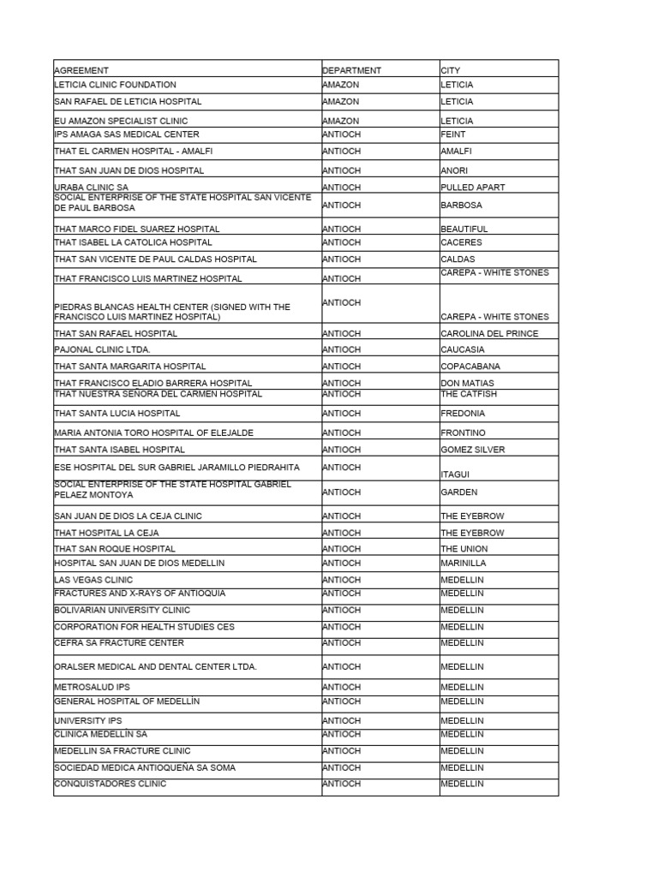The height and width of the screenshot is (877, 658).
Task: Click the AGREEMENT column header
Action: click(81, 70)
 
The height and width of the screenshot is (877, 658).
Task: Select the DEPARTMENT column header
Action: click(352, 70)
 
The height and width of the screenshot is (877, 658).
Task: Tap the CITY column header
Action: click(451, 70)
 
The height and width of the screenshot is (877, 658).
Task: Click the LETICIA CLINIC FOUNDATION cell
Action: click(115, 85)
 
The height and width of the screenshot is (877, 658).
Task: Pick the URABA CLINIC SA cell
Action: click(91, 187)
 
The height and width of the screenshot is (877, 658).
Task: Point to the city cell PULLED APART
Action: click(473, 187)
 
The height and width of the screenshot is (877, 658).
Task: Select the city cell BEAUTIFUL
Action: click(464, 229)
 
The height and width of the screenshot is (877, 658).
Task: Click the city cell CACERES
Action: click(461, 242)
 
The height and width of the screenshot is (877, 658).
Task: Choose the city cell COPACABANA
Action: click(470, 366)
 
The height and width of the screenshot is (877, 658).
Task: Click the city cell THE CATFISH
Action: click(469, 394)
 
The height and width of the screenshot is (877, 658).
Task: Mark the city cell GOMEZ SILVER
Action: click(473, 450)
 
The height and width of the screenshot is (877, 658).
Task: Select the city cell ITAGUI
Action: click(455, 474)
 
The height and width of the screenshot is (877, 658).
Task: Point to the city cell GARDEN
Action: click(459, 492)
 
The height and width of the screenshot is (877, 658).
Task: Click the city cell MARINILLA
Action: click(464, 564)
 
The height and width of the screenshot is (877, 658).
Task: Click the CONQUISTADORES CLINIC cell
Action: click(110, 784)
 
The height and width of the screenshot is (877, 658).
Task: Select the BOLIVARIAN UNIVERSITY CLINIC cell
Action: click(122, 610)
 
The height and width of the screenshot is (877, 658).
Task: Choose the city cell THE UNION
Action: click(464, 548)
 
